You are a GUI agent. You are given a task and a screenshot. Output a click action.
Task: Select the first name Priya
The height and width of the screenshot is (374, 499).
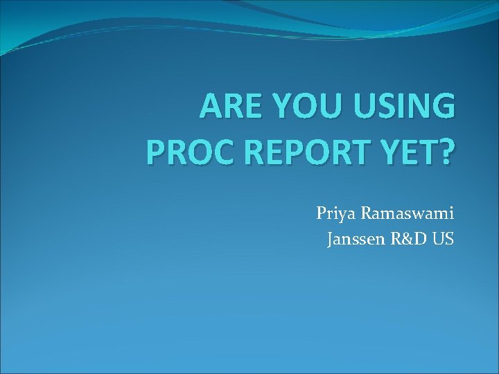pyautogui.click(x=335, y=213)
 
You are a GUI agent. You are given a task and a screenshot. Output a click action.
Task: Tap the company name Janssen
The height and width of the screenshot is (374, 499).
pyautogui.click(x=353, y=240)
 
